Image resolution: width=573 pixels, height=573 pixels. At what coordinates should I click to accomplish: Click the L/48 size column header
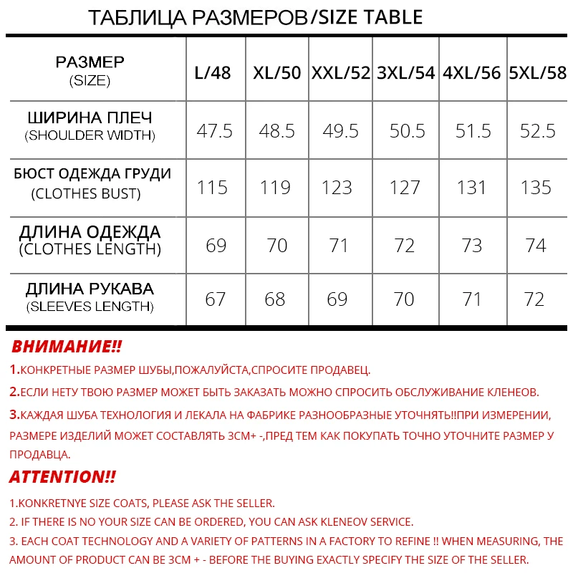tap(213, 73)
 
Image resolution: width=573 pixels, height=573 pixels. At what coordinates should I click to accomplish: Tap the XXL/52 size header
tap(341, 73)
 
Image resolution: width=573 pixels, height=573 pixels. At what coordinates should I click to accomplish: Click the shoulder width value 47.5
tap(215, 131)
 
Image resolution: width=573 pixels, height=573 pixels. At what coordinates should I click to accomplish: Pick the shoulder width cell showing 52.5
tap(537, 131)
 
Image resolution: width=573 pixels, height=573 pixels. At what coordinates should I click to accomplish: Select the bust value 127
tap(405, 188)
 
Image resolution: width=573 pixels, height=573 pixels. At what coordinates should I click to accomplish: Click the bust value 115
tap(213, 188)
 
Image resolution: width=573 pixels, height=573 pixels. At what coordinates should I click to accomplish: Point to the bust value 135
tap(536, 188)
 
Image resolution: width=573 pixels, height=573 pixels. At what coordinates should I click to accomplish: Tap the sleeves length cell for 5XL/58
tap(534, 299)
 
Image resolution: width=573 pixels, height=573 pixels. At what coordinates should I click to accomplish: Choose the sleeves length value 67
tap(216, 299)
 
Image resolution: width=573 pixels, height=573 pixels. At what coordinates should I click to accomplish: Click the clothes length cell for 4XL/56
tap(472, 245)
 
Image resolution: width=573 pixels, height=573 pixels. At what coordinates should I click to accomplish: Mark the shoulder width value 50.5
tap(408, 131)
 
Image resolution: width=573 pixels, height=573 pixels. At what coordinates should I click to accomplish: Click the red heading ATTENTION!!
tap(62, 477)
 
